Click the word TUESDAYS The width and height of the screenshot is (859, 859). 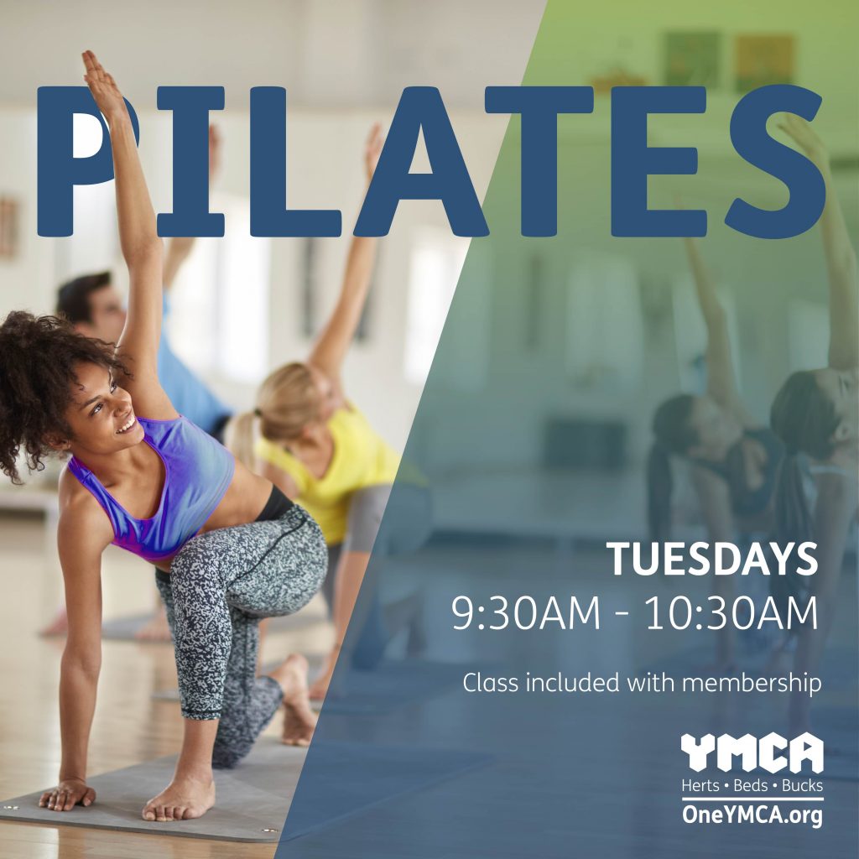pyautogui.click(x=711, y=559)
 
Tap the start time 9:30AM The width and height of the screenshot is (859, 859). pyautogui.click(x=526, y=612)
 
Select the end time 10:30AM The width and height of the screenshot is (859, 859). pyautogui.click(x=731, y=612)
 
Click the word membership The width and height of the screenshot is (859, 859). pyautogui.click(x=752, y=683)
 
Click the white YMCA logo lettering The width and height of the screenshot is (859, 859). pyautogui.click(x=752, y=752)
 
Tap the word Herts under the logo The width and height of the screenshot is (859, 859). pyautogui.click(x=700, y=785)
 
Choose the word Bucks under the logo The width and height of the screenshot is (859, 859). pyautogui.click(x=802, y=785)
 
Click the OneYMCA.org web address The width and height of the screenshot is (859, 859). pyautogui.click(x=752, y=814)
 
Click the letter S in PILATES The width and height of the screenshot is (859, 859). pyautogui.click(x=774, y=162)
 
